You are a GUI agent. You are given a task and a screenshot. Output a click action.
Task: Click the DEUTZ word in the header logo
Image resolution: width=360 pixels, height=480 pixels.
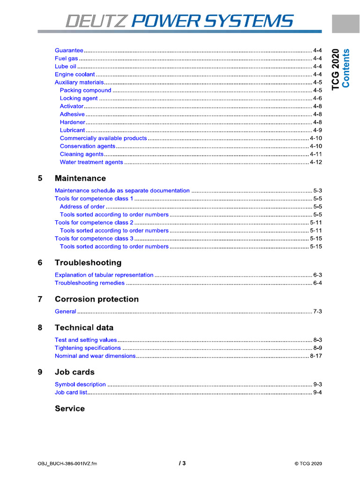pos(97,21)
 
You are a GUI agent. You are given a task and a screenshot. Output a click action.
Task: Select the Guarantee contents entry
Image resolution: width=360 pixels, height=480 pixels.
pos(69,50)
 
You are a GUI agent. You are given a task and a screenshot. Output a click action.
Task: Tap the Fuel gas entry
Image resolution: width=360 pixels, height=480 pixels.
pos(67,59)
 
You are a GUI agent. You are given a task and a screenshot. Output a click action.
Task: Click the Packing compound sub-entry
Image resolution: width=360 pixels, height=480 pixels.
pos(85,90)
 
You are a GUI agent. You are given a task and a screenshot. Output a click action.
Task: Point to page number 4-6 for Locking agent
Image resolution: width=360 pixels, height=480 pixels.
pos(317,98)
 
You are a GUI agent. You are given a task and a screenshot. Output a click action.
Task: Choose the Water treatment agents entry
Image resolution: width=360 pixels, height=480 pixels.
pos(91,162)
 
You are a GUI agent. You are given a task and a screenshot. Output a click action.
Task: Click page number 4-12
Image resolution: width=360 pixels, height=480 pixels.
pos(316,162)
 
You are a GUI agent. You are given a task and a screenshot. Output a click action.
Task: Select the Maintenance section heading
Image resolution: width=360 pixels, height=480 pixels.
pos(80,179)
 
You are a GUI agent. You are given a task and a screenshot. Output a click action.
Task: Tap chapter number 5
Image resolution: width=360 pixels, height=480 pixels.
pos(40,179)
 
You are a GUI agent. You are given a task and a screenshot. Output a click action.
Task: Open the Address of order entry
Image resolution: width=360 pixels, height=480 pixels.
pos(82,207)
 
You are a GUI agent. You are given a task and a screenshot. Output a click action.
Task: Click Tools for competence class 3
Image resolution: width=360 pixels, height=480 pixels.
pos(94,239)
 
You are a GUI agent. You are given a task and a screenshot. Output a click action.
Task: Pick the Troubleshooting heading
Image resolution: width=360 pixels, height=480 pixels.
pos(88,263)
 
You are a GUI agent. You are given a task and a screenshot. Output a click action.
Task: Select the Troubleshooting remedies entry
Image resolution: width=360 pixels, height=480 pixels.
pos(90,283)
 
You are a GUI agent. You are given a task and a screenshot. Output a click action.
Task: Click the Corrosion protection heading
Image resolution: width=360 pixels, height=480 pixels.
pos(97,300)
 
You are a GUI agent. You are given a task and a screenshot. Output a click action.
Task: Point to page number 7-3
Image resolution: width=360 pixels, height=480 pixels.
pos(317,312)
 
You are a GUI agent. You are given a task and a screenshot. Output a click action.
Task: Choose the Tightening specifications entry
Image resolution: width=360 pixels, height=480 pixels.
pos(88,348)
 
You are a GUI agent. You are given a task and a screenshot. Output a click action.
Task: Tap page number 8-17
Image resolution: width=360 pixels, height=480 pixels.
pos(316,356)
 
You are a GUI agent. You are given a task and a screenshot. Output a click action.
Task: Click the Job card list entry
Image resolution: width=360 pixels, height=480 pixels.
pos(71,392)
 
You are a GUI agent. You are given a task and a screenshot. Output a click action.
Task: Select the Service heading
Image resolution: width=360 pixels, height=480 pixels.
pos(70,409)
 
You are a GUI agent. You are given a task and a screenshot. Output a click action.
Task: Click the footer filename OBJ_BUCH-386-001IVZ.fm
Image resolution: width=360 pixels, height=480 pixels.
pos(67,464)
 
